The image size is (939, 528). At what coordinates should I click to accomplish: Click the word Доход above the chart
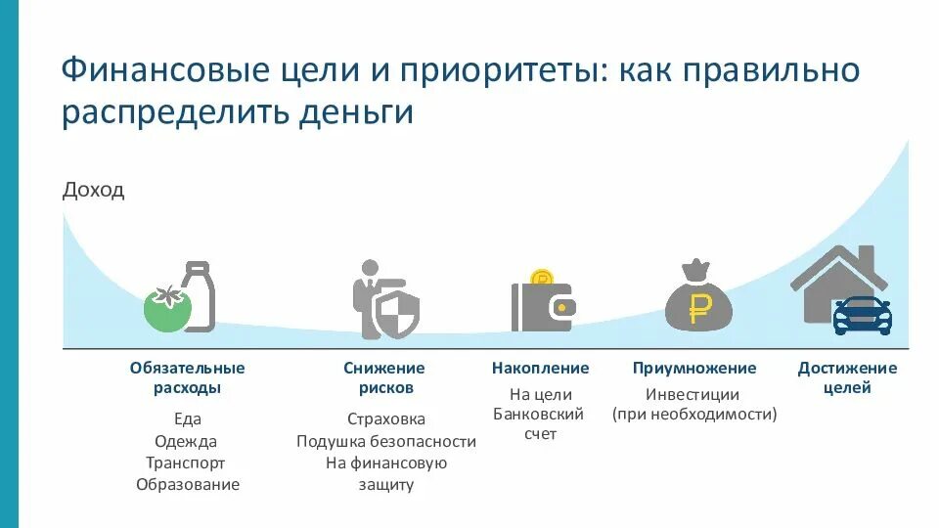pyautogui.click(x=93, y=190)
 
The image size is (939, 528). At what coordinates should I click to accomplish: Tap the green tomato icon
pyautogui.click(x=166, y=308)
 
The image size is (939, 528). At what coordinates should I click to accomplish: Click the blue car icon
pyautogui.click(x=862, y=317)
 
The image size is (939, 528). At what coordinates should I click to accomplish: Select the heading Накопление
pyautogui.click(x=540, y=369)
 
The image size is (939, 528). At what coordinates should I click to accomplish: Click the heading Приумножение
pyautogui.click(x=694, y=369)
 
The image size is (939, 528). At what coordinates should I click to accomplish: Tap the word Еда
pyautogui.click(x=187, y=418)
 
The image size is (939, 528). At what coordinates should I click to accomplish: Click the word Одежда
pyautogui.click(x=187, y=441)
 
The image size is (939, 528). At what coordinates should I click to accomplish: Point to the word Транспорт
pyautogui.click(x=187, y=462)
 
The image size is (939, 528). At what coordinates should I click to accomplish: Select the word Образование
pyautogui.click(x=187, y=484)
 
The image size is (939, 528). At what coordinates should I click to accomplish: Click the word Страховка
pyautogui.click(x=386, y=418)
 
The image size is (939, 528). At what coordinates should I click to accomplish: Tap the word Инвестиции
pyautogui.click(x=693, y=395)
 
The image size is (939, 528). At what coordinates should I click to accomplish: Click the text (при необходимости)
pyautogui.click(x=694, y=414)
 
